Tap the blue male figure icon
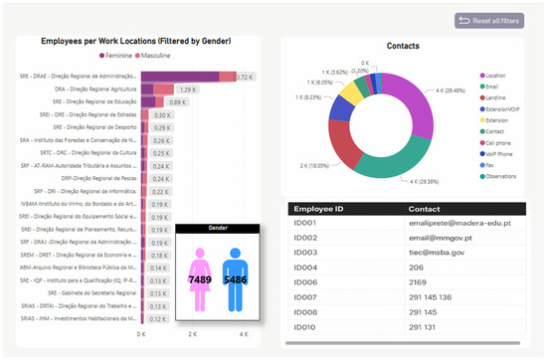[x=237, y=279]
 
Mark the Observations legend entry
[x=507, y=177]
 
